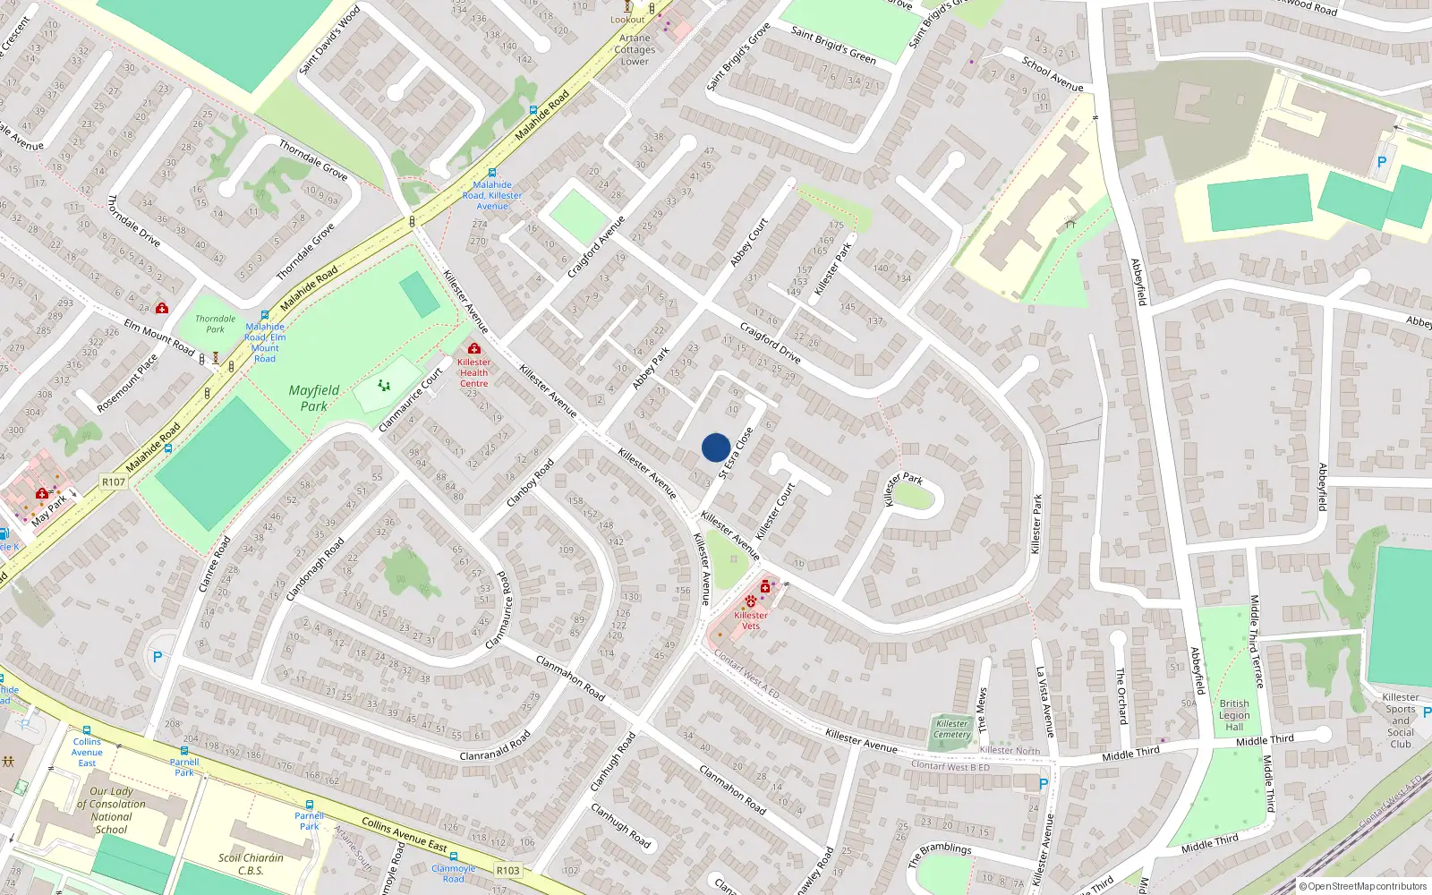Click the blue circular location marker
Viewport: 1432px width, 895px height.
point(716,447)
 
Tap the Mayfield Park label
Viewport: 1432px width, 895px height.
point(313,398)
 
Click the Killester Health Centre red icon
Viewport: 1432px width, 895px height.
point(473,348)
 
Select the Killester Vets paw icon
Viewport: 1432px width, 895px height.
point(750,601)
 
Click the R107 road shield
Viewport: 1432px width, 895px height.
point(114,482)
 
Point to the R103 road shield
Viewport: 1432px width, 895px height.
point(507,870)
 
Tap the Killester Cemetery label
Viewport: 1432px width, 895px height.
point(951,729)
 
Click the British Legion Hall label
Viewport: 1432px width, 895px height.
point(1234,715)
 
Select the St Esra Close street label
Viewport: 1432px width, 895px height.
point(735,453)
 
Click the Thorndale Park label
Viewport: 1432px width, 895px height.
point(216,324)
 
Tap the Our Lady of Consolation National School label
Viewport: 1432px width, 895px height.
point(112,810)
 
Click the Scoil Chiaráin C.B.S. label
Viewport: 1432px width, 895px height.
point(251,864)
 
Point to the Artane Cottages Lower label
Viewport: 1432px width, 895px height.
point(635,50)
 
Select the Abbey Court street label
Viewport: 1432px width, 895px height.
point(749,243)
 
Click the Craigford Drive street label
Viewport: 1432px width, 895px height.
point(770,343)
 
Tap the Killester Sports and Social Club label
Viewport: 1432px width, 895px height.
point(1401,720)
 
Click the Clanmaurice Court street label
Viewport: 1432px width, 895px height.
point(411,399)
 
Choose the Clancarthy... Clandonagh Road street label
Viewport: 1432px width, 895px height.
point(315,569)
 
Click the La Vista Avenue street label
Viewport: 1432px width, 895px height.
point(1044,703)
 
